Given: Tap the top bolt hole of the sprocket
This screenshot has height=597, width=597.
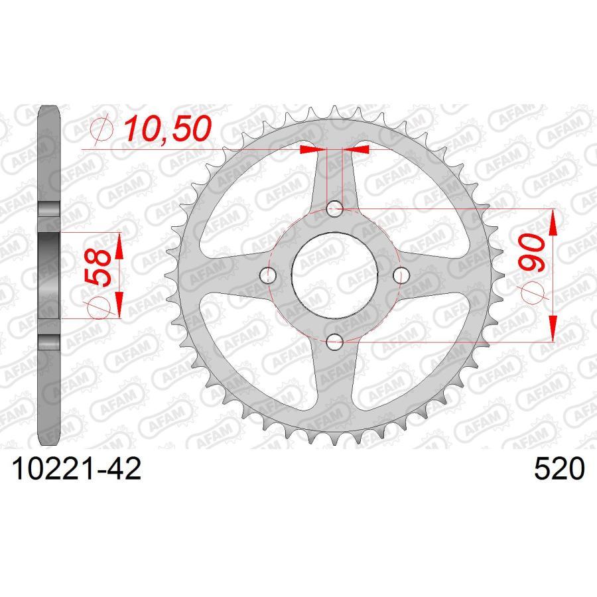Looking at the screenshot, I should tap(336, 209).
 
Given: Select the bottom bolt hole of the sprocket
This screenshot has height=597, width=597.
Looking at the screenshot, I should tap(336, 342).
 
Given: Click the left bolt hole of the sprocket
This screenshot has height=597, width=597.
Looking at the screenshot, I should tap(269, 275).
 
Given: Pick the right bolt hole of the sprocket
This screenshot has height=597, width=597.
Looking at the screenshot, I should tap(401, 275).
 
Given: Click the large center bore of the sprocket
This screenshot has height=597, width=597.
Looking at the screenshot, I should tap(336, 275).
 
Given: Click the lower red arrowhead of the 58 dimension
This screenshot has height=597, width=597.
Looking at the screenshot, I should tap(119, 305).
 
